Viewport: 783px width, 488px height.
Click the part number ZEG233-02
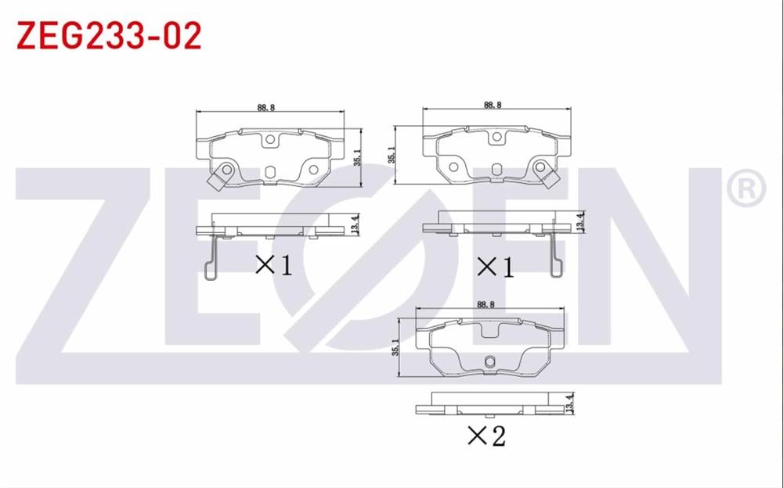(x=109, y=35)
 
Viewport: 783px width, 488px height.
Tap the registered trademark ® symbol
(x=745, y=188)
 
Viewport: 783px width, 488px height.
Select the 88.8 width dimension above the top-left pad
(x=265, y=108)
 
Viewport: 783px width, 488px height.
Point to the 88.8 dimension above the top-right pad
(x=493, y=105)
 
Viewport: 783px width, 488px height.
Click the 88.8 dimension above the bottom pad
(x=485, y=306)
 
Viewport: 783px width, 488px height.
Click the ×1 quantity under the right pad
(x=496, y=267)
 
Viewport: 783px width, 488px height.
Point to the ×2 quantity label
(x=486, y=436)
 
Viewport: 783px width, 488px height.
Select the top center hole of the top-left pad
(x=270, y=141)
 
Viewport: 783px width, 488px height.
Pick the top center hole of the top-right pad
(x=496, y=138)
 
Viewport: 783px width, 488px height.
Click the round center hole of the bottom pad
(x=489, y=361)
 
